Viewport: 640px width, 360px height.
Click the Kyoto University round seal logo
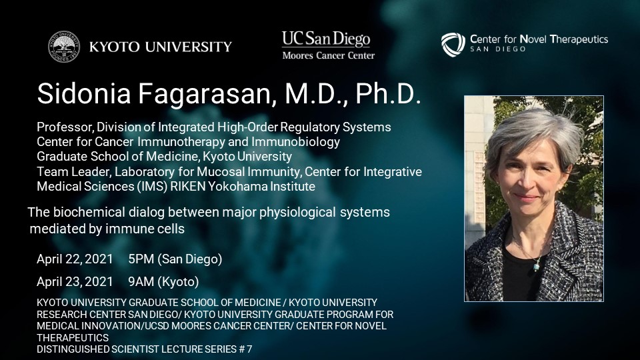[x=64, y=47]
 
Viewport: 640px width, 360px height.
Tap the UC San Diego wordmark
[x=326, y=39]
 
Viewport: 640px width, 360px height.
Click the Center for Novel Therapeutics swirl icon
[x=453, y=44]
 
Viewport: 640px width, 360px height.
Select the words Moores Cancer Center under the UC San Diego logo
[x=329, y=55]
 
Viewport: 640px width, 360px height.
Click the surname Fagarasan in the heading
[x=204, y=94]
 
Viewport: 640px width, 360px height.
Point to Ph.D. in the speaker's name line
[x=388, y=94]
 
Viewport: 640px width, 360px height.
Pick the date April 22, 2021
[x=75, y=259]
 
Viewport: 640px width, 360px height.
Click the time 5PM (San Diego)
[x=175, y=259]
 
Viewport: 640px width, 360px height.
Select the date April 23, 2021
[x=75, y=281]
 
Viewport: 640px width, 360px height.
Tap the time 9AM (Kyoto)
[x=163, y=281]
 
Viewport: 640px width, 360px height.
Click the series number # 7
[x=245, y=349]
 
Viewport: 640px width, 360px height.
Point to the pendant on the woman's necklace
[x=536, y=267]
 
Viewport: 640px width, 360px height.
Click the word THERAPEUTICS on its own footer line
[x=73, y=338]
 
